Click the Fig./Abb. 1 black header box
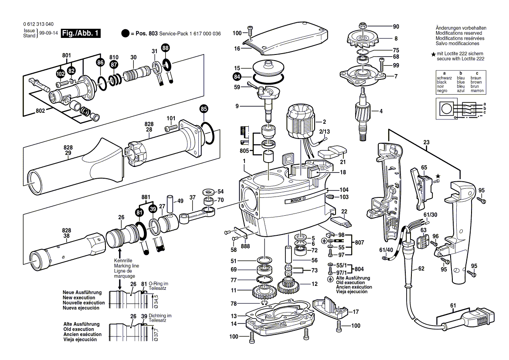[x=81, y=34]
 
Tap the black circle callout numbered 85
[x=204, y=109]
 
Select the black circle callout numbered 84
[x=236, y=77]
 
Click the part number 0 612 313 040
[x=37, y=24]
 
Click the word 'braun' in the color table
[x=476, y=78]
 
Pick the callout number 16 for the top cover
[x=237, y=49]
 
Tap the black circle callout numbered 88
[x=166, y=48]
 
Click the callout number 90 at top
[x=396, y=26]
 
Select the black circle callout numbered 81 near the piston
[x=139, y=212]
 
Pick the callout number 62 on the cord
[x=421, y=269]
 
